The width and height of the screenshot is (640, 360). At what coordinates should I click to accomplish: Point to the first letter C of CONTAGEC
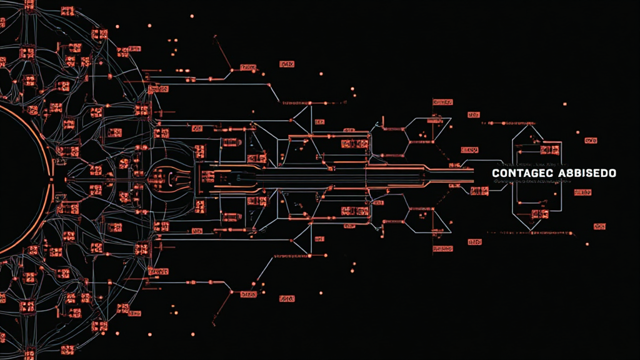[x=496, y=172]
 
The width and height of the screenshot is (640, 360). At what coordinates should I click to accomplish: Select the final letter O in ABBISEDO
[x=613, y=172]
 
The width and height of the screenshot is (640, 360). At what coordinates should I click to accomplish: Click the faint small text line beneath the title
[x=531, y=181]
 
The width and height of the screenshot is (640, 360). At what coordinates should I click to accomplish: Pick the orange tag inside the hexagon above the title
[x=550, y=150]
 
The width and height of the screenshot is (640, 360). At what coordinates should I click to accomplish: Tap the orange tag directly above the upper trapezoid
[x=442, y=102]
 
